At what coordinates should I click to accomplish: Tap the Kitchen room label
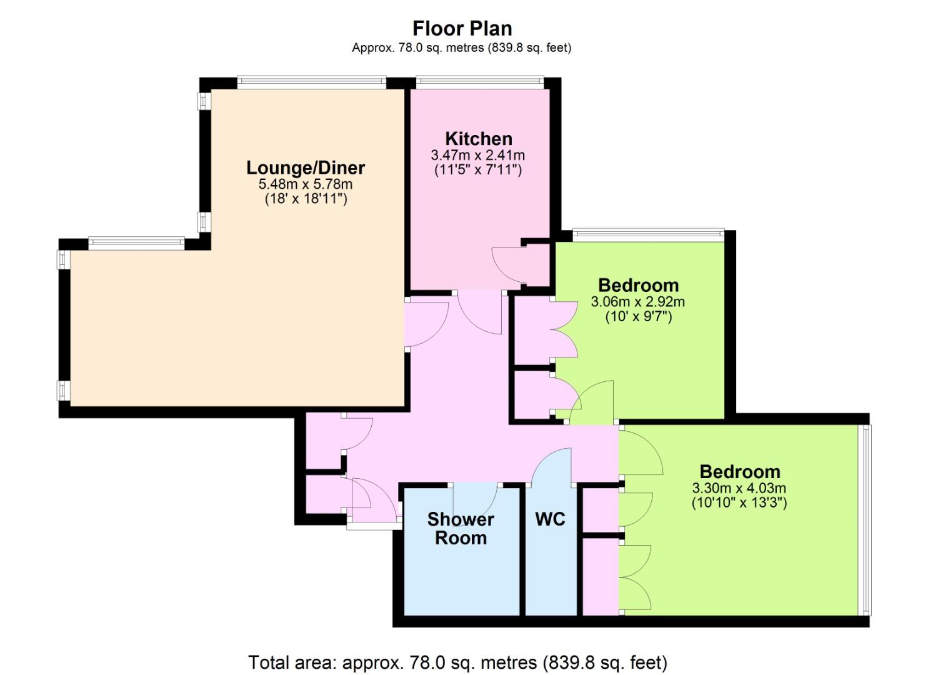479,138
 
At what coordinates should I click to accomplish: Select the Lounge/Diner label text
306,168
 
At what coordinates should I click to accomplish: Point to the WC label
550,519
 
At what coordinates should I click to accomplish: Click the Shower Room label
461,529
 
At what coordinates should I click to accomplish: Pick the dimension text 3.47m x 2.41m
478,156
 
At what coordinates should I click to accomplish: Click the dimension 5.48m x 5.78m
306,184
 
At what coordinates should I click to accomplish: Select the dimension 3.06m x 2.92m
638,302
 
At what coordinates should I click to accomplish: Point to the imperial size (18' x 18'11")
306,199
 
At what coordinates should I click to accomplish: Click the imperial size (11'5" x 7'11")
478,170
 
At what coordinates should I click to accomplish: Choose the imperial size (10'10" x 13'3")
739,503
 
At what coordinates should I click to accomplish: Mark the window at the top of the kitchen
480,82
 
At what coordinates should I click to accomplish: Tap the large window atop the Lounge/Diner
312,82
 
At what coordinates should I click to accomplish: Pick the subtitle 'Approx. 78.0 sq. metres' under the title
417,48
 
